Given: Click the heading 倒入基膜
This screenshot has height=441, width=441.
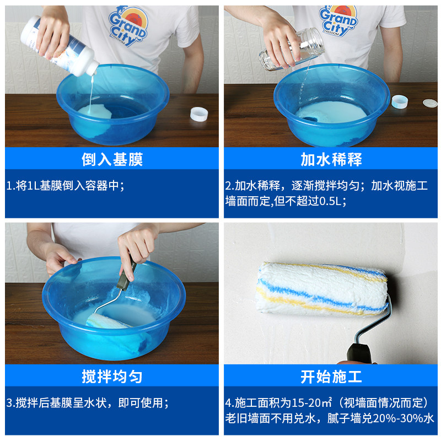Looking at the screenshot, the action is pyautogui.click(x=112, y=159).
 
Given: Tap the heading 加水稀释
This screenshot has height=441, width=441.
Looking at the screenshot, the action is pyautogui.click(x=331, y=159).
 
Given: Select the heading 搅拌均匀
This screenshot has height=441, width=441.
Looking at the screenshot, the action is pyautogui.click(x=112, y=377).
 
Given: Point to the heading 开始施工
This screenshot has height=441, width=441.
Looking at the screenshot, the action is pyautogui.click(x=331, y=377).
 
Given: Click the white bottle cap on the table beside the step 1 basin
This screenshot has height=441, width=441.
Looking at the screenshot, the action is pyautogui.click(x=199, y=114).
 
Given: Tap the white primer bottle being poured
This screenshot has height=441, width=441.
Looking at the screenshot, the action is pyautogui.click(x=59, y=46).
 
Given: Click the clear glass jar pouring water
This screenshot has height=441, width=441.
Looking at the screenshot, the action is pyautogui.click(x=292, y=49).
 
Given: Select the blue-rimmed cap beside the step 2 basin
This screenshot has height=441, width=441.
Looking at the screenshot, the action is pyautogui.click(x=399, y=101).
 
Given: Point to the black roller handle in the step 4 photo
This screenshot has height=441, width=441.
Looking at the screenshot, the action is pyautogui.click(x=359, y=353).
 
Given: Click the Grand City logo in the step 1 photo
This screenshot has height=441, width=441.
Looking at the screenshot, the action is pyautogui.click(x=128, y=26).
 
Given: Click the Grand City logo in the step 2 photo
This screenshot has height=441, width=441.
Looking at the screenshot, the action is pyautogui.click(x=338, y=20).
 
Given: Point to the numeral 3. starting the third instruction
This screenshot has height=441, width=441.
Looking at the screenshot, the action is pyautogui.click(x=10, y=403).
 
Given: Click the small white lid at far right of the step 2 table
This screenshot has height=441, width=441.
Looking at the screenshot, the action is pyautogui.click(x=430, y=103).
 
